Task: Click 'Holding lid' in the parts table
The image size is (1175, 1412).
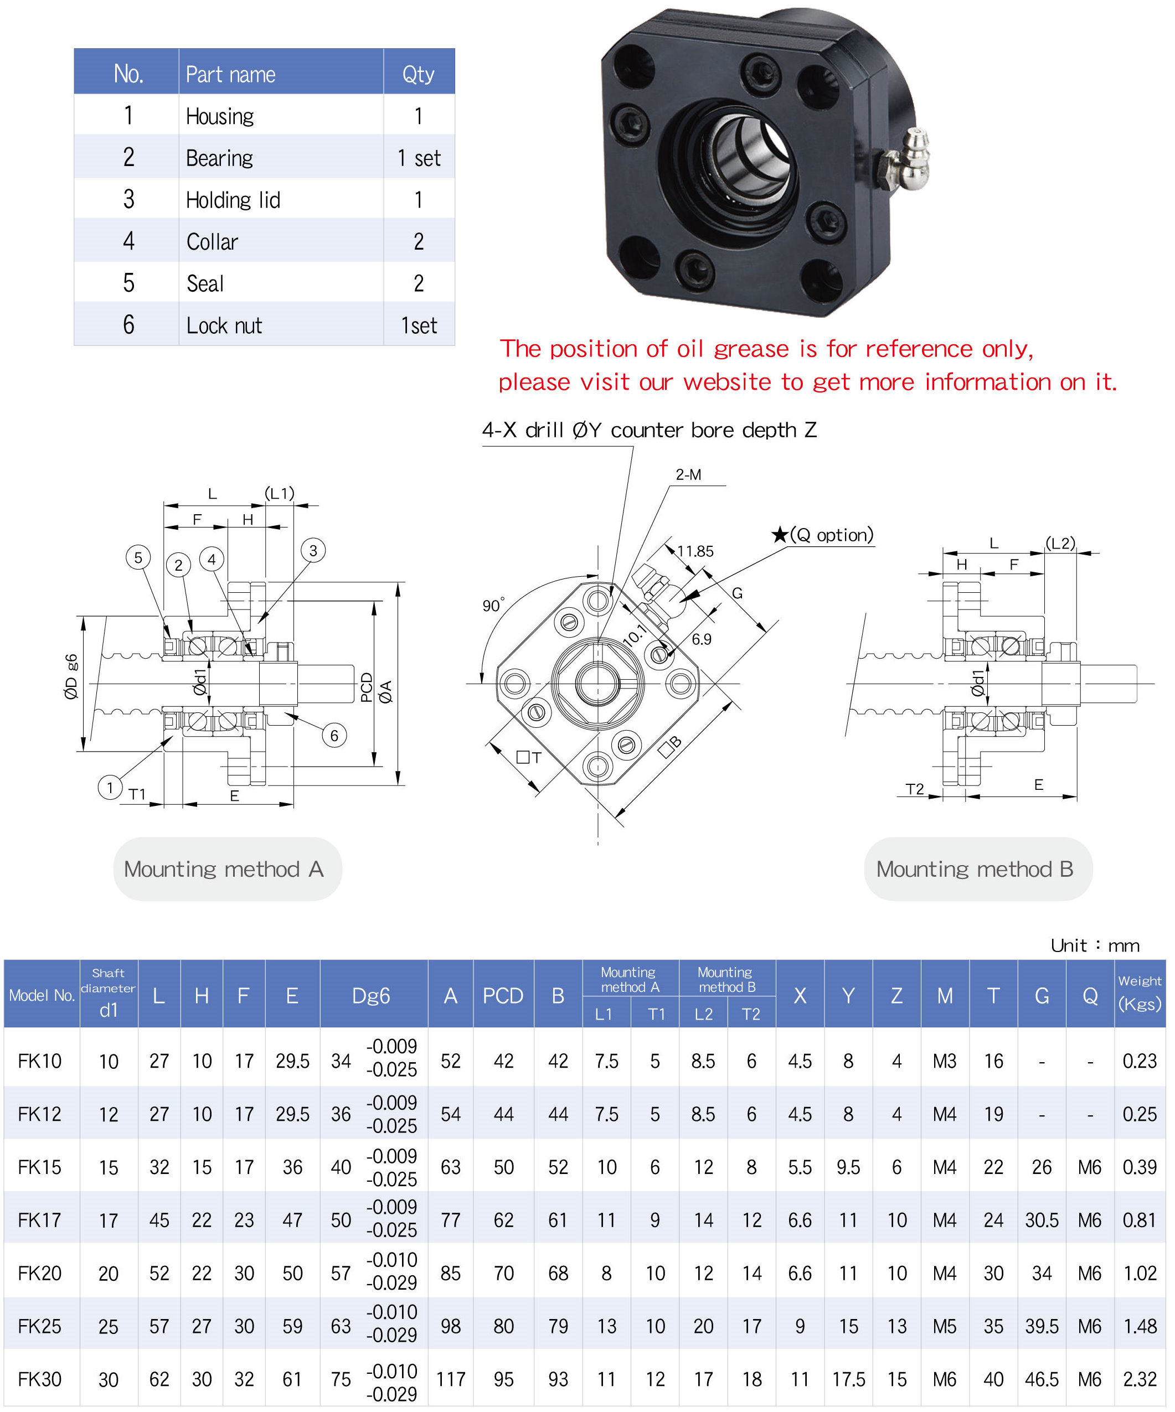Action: pos(233,200)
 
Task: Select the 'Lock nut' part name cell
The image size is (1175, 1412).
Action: pos(224,325)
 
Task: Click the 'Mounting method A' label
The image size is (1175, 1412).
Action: pos(224,870)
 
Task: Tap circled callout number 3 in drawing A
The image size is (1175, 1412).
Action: pos(313,551)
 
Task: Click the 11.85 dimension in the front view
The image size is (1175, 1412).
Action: pos(695,551)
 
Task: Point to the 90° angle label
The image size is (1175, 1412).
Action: pos(493,605)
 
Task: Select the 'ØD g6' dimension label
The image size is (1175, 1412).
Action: pos(71,677)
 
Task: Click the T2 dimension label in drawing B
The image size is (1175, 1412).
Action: pos(915,789)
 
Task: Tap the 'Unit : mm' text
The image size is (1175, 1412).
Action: pos(1095,945)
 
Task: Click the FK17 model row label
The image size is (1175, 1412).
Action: pos(40,1220)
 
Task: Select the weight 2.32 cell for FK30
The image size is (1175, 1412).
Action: pos(1140,1380)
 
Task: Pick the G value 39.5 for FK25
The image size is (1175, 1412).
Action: pos(1041,1327)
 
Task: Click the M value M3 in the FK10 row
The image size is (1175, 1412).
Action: pos(944,1061)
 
